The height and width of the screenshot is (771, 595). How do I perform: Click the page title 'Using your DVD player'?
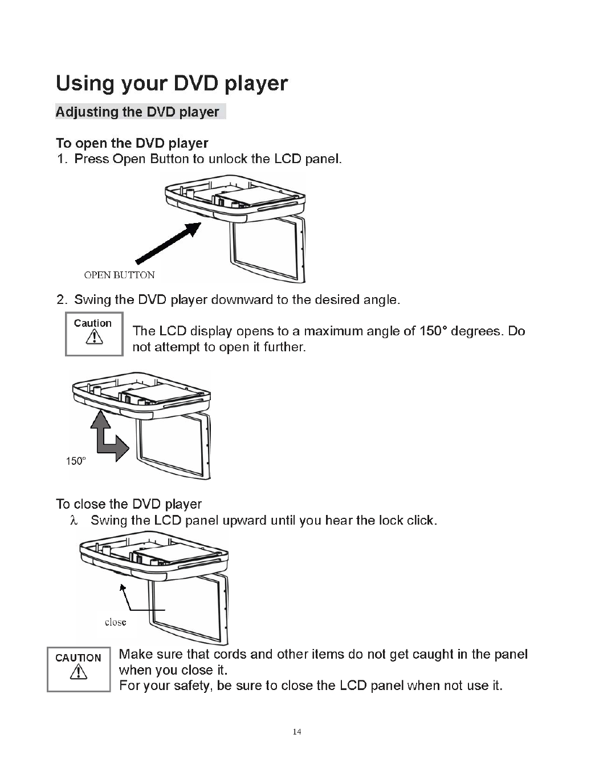pos(172,84)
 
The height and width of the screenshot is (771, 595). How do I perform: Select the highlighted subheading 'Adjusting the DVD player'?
pos(137,112)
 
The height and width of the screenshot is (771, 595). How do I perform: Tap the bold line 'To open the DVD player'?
pos(132,143)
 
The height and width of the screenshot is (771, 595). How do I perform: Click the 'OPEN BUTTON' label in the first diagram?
pos(119,275)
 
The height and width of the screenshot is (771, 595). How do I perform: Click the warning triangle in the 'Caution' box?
pos(93,338)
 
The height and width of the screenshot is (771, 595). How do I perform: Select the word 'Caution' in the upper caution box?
pos(93,323)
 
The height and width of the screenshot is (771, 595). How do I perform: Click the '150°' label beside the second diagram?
pos(76,461)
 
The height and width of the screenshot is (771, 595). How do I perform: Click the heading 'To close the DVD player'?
pos(129,504)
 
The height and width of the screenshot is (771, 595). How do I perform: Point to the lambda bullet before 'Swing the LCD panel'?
pos(72,520)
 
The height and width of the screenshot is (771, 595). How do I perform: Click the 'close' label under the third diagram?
pos(115,622)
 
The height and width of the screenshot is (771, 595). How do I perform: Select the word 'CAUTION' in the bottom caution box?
pos(78,658)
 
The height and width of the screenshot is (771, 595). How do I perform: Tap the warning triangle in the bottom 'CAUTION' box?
pos(78,673)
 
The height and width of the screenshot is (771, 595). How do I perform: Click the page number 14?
pos(296,732)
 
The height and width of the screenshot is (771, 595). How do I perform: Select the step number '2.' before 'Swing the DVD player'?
pos(62,300)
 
